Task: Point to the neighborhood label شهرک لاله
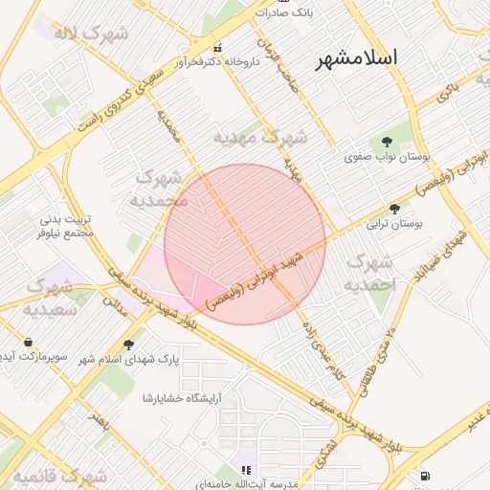(x=91, y=34)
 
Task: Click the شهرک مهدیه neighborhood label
(x=260, y=138)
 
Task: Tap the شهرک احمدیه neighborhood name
(x=369, y=273)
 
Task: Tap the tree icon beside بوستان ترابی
(x=394, y=209)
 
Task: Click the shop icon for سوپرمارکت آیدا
(x=28, y=343)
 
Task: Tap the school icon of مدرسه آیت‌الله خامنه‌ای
(x=246, y=470)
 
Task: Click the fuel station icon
(x=425, y=476)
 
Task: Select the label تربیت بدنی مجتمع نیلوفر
(x=65, y=226)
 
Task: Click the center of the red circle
(x=245, y=244)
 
